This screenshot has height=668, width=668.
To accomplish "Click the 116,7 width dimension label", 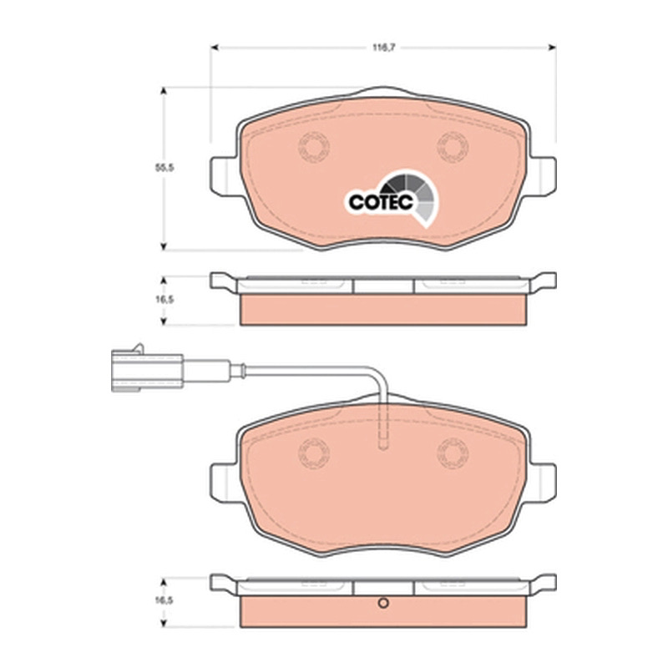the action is (x=384, y=48).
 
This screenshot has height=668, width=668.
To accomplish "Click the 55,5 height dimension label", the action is (x=164, y=168).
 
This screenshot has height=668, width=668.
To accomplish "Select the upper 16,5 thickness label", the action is (x=164, y=300).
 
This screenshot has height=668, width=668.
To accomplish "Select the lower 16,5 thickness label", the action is (x=164, y=600).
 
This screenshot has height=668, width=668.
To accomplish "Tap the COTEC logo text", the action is (x=381, y=202).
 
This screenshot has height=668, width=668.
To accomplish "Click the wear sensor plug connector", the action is (x=147, y=369).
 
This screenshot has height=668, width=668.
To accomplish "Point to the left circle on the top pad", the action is (x=314, y=147).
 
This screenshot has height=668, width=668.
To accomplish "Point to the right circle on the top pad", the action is (x=453, y=147).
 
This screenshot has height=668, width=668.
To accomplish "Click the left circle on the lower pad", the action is (x=314, y=453).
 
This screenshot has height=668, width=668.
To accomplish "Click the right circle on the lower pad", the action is (x=453, y=453).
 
